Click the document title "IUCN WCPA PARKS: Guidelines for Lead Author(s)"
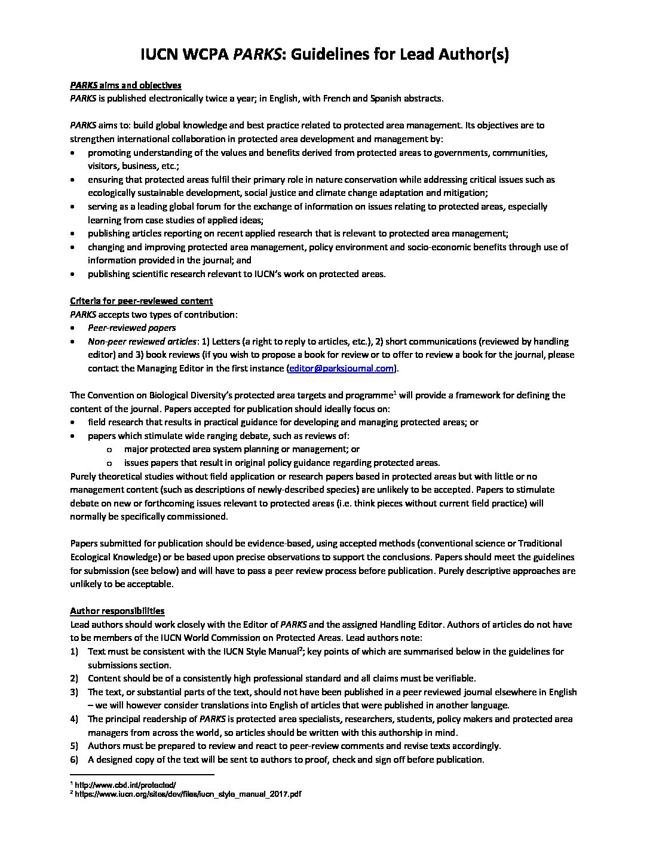324,55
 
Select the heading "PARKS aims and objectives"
125,85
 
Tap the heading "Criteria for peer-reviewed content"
142,301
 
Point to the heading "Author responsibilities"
117,611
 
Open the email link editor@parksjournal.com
342,369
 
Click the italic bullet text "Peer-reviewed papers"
131,328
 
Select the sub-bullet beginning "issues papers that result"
281,462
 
